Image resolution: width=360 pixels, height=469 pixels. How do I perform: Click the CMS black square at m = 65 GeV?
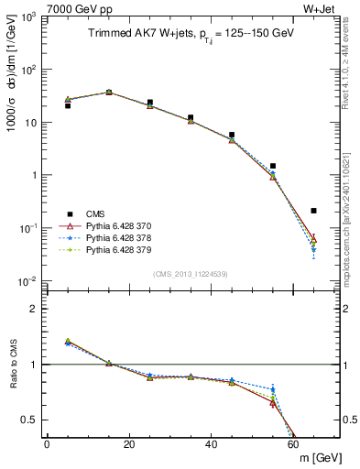coord(314,211)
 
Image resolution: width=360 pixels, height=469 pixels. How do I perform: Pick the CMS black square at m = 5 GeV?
coord(68,106)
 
